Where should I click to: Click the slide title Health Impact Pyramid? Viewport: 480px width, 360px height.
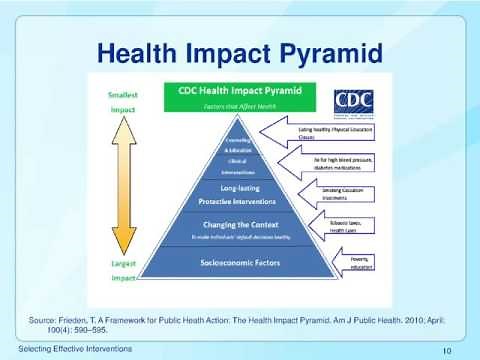click(240, 48)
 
